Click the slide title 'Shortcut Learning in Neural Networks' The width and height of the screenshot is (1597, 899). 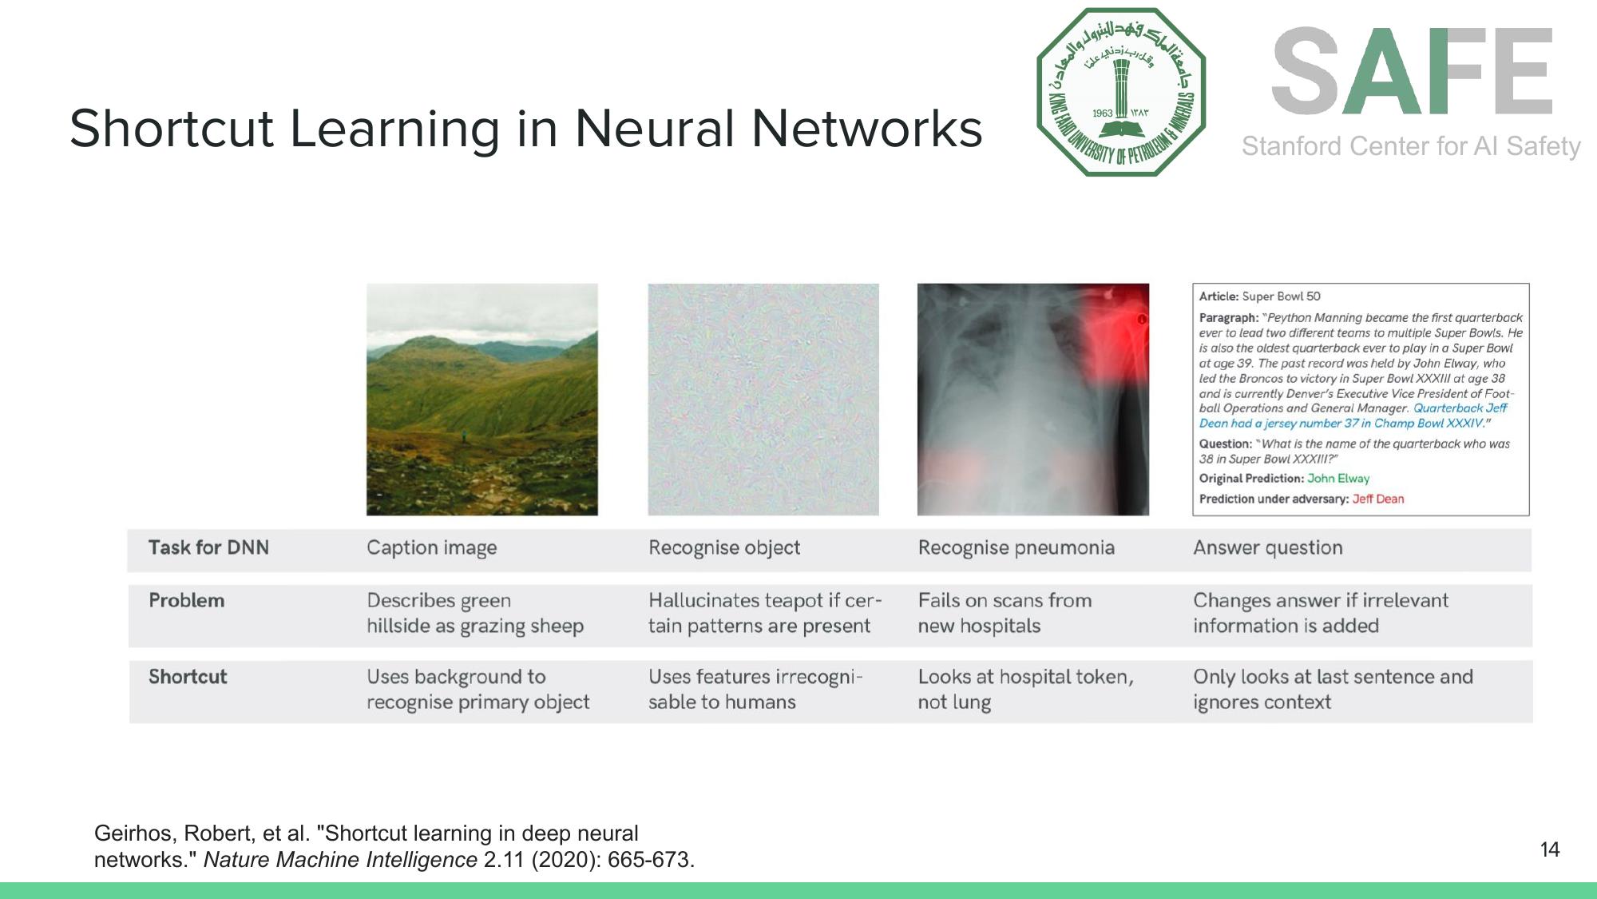pos(525,129)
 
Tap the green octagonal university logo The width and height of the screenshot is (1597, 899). pos(1121,92)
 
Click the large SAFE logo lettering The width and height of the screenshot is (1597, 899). pos(1412,72)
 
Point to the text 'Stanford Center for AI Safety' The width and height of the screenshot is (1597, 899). pos(1411,146)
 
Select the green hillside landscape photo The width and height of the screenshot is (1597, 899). pos(481,399)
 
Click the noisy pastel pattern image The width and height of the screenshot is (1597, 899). pos(763,399)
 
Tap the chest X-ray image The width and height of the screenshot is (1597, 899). pos(1032,399)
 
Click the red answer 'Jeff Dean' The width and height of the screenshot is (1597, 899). pos(1377,499)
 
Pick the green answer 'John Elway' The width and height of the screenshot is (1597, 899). pos(1338,479)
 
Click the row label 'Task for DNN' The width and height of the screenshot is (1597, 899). pos(208,547)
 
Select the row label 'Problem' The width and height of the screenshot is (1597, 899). pos(186,600)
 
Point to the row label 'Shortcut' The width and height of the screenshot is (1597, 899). pos(188,677)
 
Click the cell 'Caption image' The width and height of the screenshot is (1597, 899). pos(431,547)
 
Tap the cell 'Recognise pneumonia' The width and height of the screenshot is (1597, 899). pos(1016,547)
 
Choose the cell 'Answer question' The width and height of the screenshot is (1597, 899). pos(1267,547)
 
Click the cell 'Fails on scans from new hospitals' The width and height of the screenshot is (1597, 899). pos(1004,613)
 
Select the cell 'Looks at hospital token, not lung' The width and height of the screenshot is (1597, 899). pos(1025,689)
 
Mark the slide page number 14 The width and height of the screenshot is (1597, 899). pos(1549,849)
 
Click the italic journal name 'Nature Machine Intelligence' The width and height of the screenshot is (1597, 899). pos(340,860)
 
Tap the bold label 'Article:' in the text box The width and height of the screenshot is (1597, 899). pos(1219,296)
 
